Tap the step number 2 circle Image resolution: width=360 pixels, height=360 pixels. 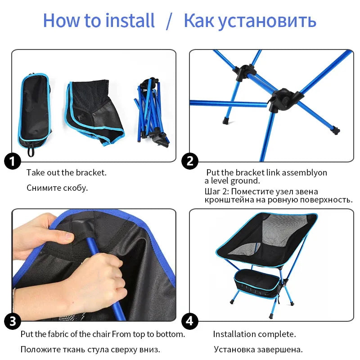(x=189, y=161)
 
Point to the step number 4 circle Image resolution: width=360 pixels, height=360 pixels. (x=189, y=321)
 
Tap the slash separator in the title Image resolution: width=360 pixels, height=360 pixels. (x=169, y=21)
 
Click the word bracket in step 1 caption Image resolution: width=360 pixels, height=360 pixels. (x=91, y=172)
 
